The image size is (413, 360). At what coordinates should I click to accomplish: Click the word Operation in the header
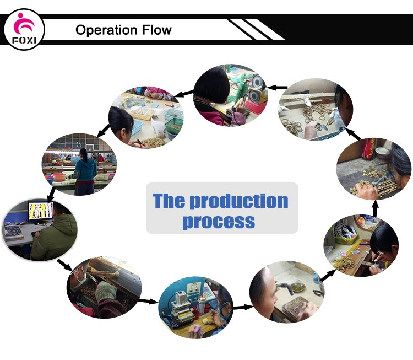tap(106, 30)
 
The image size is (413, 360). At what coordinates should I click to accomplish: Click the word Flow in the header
tap(157, 30)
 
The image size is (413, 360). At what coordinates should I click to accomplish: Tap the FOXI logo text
tap(24, 41)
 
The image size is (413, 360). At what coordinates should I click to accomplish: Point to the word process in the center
tap(219, 222)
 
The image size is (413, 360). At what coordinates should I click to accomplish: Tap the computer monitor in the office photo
tap(41, 211)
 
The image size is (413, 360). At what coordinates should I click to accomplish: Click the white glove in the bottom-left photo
tap(106, 291)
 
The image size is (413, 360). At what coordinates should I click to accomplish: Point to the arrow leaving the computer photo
tap(64, 265)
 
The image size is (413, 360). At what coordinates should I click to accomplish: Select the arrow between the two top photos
tap(278, 87)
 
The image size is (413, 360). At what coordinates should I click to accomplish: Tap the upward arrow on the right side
tap(376, 208)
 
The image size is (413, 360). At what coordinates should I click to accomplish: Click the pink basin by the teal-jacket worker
tap(59, 177)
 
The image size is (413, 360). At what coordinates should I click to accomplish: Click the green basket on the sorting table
tap(174, 126)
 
